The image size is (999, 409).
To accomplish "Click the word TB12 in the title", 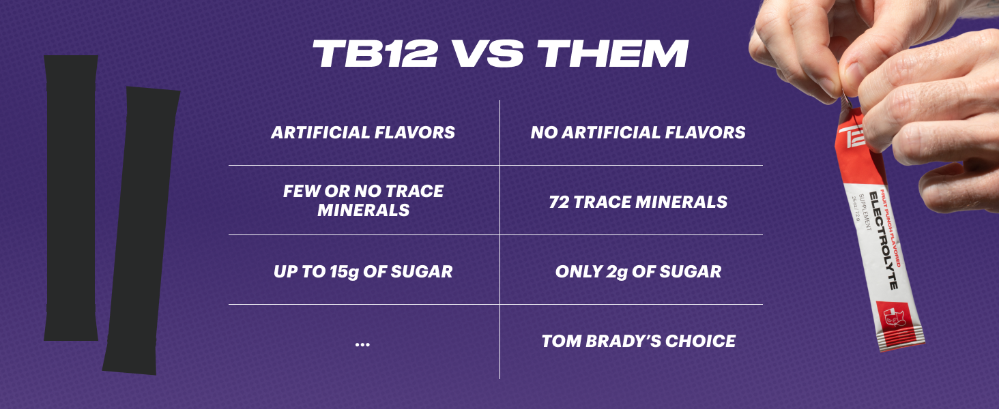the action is coord(375,53).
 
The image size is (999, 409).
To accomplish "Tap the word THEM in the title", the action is coord(613,53).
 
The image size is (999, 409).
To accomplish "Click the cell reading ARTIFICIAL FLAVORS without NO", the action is coord(363,132).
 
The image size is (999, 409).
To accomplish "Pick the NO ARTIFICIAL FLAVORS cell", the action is coord(638,132).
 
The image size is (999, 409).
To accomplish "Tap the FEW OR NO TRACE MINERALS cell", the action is coord(363,200).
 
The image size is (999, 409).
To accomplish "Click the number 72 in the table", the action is coord(558,202).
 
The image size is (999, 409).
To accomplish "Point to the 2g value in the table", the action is coord(617,272).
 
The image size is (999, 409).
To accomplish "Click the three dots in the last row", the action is coord(362,344).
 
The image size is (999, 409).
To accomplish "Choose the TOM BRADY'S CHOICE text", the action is coord(638,341).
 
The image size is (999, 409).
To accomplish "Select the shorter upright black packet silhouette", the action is coord(71,198).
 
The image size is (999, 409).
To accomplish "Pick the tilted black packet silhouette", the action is coord(141,230).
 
